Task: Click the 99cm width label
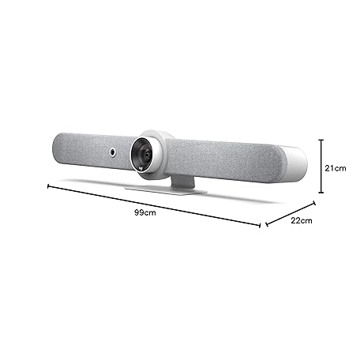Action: click(145, 212)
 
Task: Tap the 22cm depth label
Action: click(302, 220)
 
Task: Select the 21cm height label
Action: click(336, 168)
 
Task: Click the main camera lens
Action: click(144, 156)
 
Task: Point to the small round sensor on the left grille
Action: click(113, 152)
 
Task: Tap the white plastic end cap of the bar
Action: click(295, 164)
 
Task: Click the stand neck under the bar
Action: click(183, 182)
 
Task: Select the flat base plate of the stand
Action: click(166, 189)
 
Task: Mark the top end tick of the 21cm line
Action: click(321, 140)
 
